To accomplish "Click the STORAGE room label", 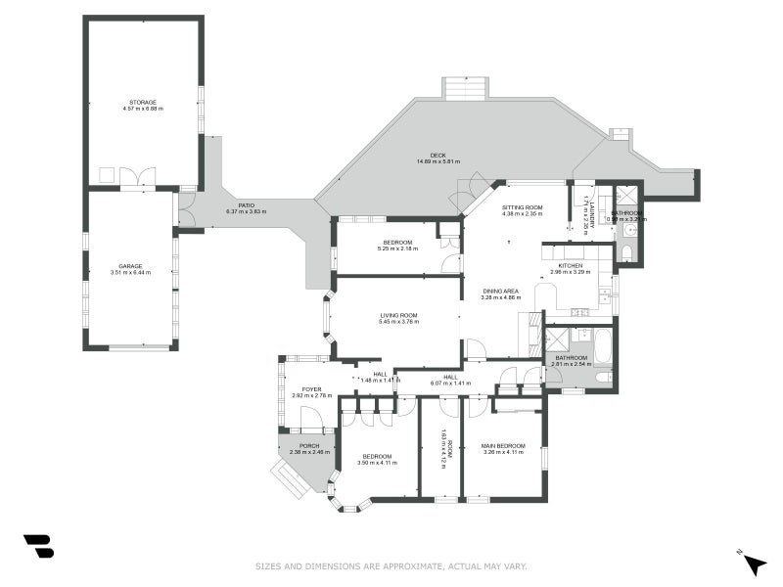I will (143, 102).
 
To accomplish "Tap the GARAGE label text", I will (130, 266).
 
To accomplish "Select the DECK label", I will (438, 155).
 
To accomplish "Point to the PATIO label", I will (246, 205).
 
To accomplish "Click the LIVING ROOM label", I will (399, 315).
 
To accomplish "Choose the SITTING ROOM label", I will (523, 207).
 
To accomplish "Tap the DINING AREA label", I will (502, 290).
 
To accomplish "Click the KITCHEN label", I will (571, 265).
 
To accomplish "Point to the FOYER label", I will (311, 388).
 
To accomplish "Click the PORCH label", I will (308, 446).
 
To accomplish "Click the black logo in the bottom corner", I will (38, 546).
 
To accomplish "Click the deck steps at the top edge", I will (465, 88).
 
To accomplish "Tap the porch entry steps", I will (290, 481).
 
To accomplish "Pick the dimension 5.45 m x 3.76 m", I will (399, 321).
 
